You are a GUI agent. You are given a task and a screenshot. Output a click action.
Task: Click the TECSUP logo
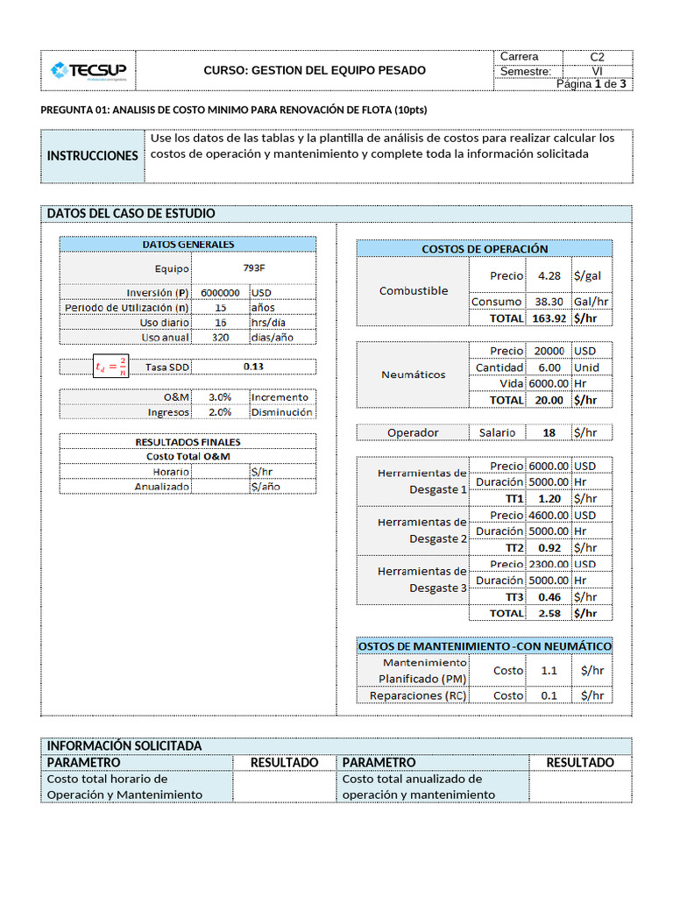pyautogui.click(x=88, y=70)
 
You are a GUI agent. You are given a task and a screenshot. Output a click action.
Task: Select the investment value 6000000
pyautogui.click(x=220, y=293)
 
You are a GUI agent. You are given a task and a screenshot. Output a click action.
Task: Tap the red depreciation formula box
pyautogui.click(x=111, y=367)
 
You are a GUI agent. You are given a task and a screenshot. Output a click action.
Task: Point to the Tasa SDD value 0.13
pyautogui.click(x=253, y=367)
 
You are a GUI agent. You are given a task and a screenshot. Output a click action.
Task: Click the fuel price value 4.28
pyautogui.click(x=549, y=275)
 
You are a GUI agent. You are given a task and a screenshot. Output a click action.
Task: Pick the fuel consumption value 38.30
pyautogui.click(x=549, y=302)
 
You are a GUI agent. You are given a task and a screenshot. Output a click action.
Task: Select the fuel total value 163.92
pyautogui.click(x=549, y=318)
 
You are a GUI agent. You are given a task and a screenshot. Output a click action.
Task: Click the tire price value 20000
pyautogui.click(x=549, y=351)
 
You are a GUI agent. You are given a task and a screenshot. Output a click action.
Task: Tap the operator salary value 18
pyautogui.click(x=549, y=432)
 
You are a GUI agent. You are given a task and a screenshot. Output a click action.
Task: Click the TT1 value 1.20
pyautogui.click(x=549, y=498)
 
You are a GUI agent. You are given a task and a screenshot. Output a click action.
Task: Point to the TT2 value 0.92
pyautogui.click(x=549, y=547)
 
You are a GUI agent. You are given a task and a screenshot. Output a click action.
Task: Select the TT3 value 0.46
pyautogui.click(x=549, y=596)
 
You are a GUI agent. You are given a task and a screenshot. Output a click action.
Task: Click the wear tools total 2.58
pyautogui.click(x=549, y=613)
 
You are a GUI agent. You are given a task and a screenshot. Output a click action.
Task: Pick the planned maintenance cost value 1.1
pyautogui.click(x=549, y=670)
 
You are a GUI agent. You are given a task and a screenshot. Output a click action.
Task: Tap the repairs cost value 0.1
pyautogui.click(x=549, y=695)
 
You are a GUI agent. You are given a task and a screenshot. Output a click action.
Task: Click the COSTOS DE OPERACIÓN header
pyautogui.click(x=485, y=249)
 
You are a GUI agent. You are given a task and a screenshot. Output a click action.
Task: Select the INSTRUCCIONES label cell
pyautogui.click(x=92, y=155)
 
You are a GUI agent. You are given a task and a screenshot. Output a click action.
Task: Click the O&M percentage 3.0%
pyautogui.click(x=220, y=396)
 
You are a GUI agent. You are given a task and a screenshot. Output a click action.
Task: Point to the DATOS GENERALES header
pyautogui.click(x=188, y=245)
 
